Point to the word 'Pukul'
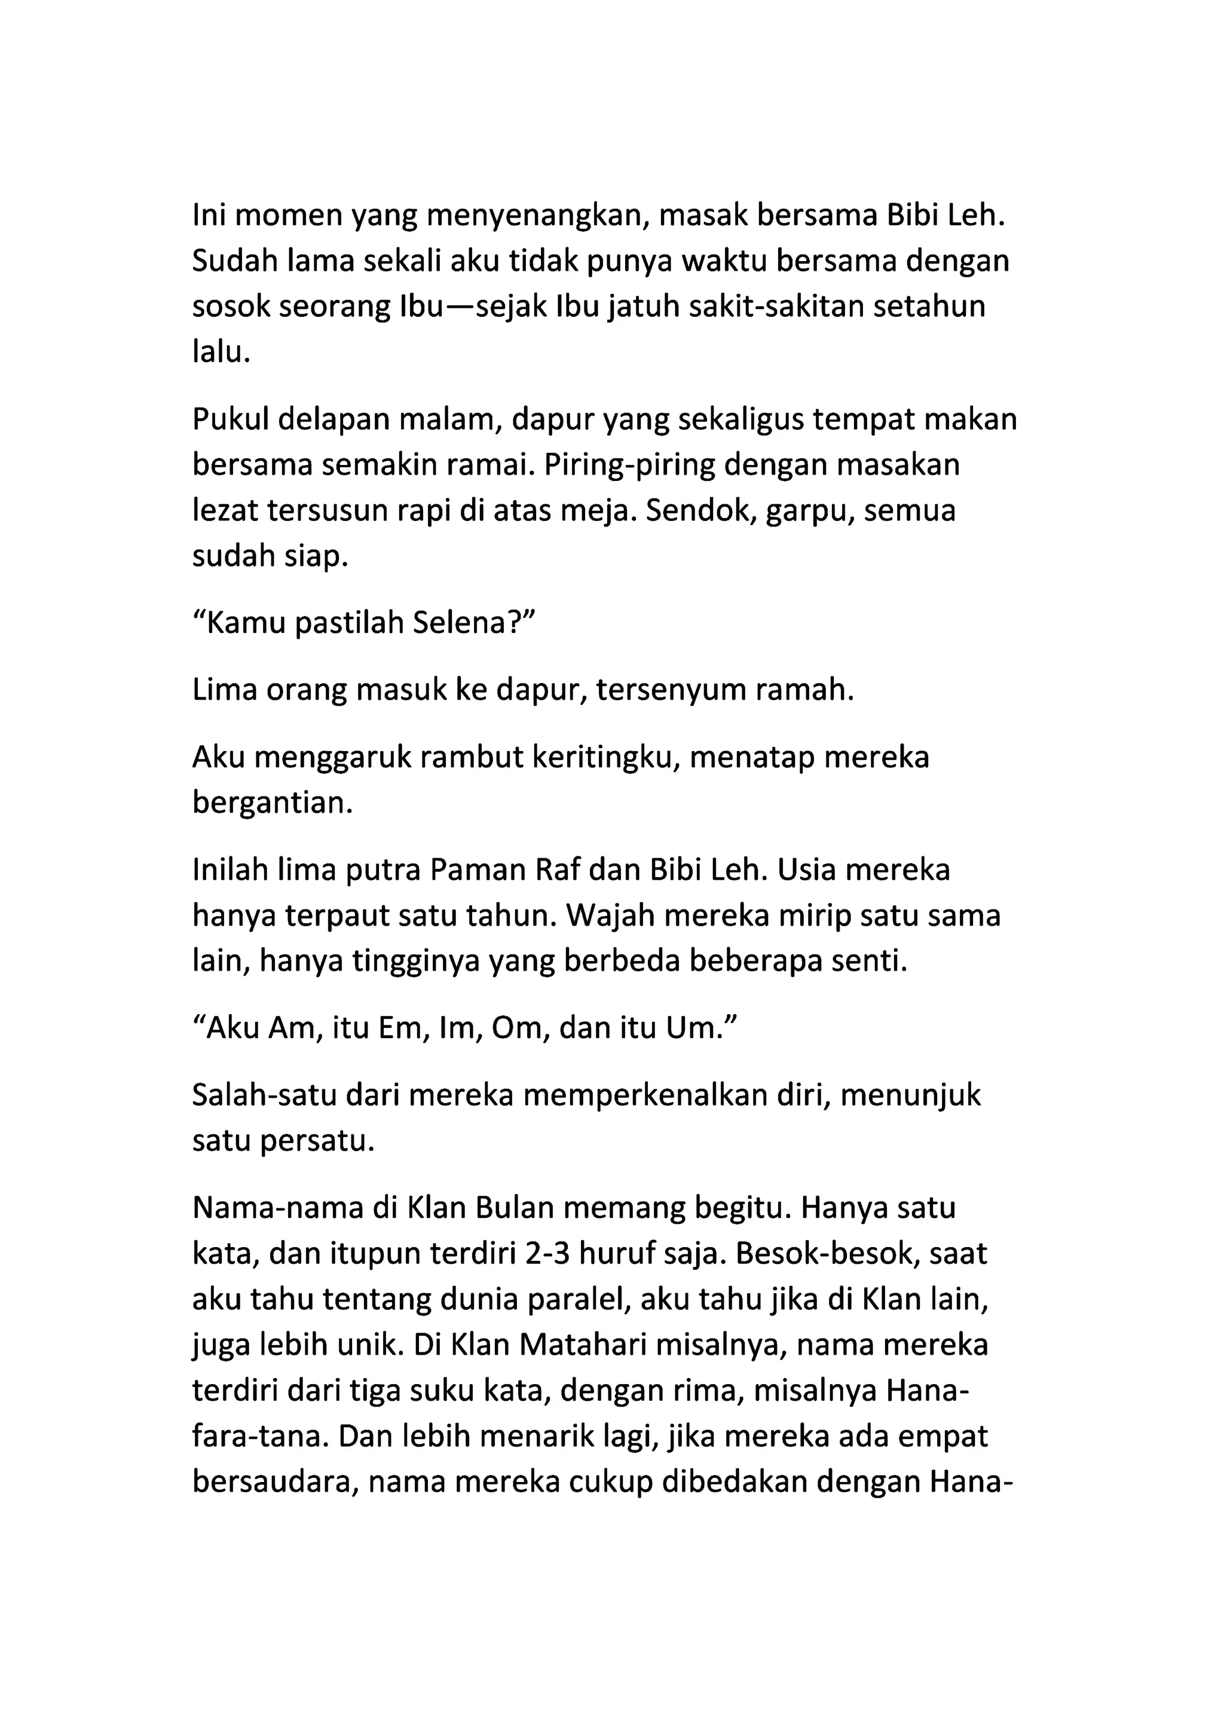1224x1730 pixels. pyautogui.click(x=231, y=420)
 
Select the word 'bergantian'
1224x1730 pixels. pyautogui.click(x=272, y=803)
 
